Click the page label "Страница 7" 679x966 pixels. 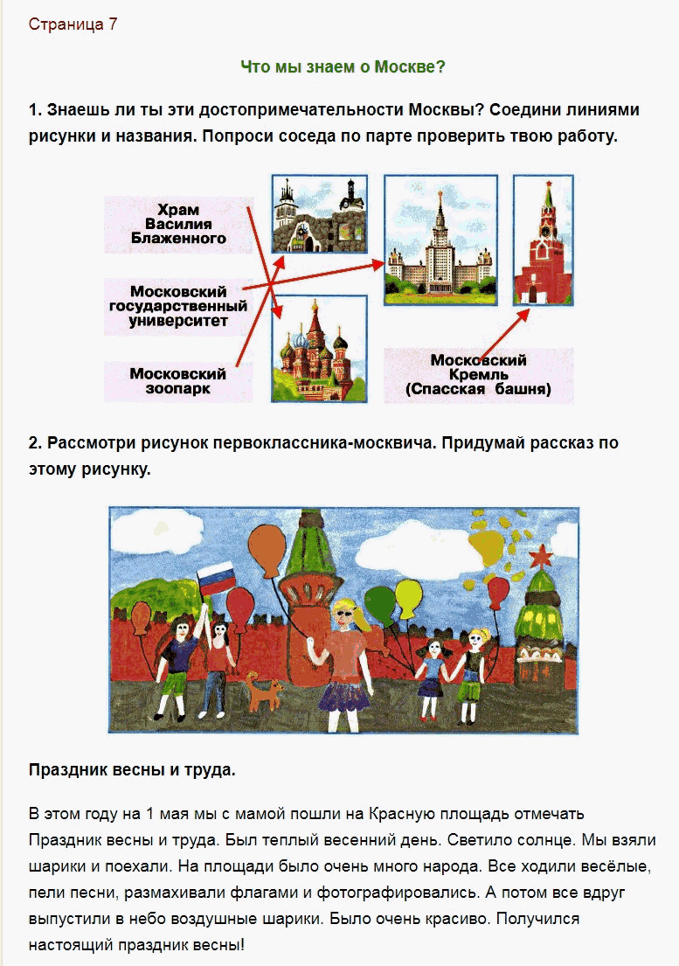(73, 24)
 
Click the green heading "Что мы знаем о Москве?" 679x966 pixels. (343, 66)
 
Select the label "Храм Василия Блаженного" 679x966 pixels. (178, 225)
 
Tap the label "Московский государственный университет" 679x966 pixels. (178, 306)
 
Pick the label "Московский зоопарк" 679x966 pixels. (178, 381)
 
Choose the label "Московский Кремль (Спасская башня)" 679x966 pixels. (478, 374)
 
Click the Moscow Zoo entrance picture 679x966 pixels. (320, 214)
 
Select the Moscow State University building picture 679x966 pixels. (440, 240)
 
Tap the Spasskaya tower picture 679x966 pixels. (543, 240)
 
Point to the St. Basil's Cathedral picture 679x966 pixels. (320, 349)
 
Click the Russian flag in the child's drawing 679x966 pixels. (217, 578)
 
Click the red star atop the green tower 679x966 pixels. (542, 556)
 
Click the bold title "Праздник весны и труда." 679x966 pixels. (132, 770)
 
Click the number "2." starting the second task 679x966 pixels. (35, 443)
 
